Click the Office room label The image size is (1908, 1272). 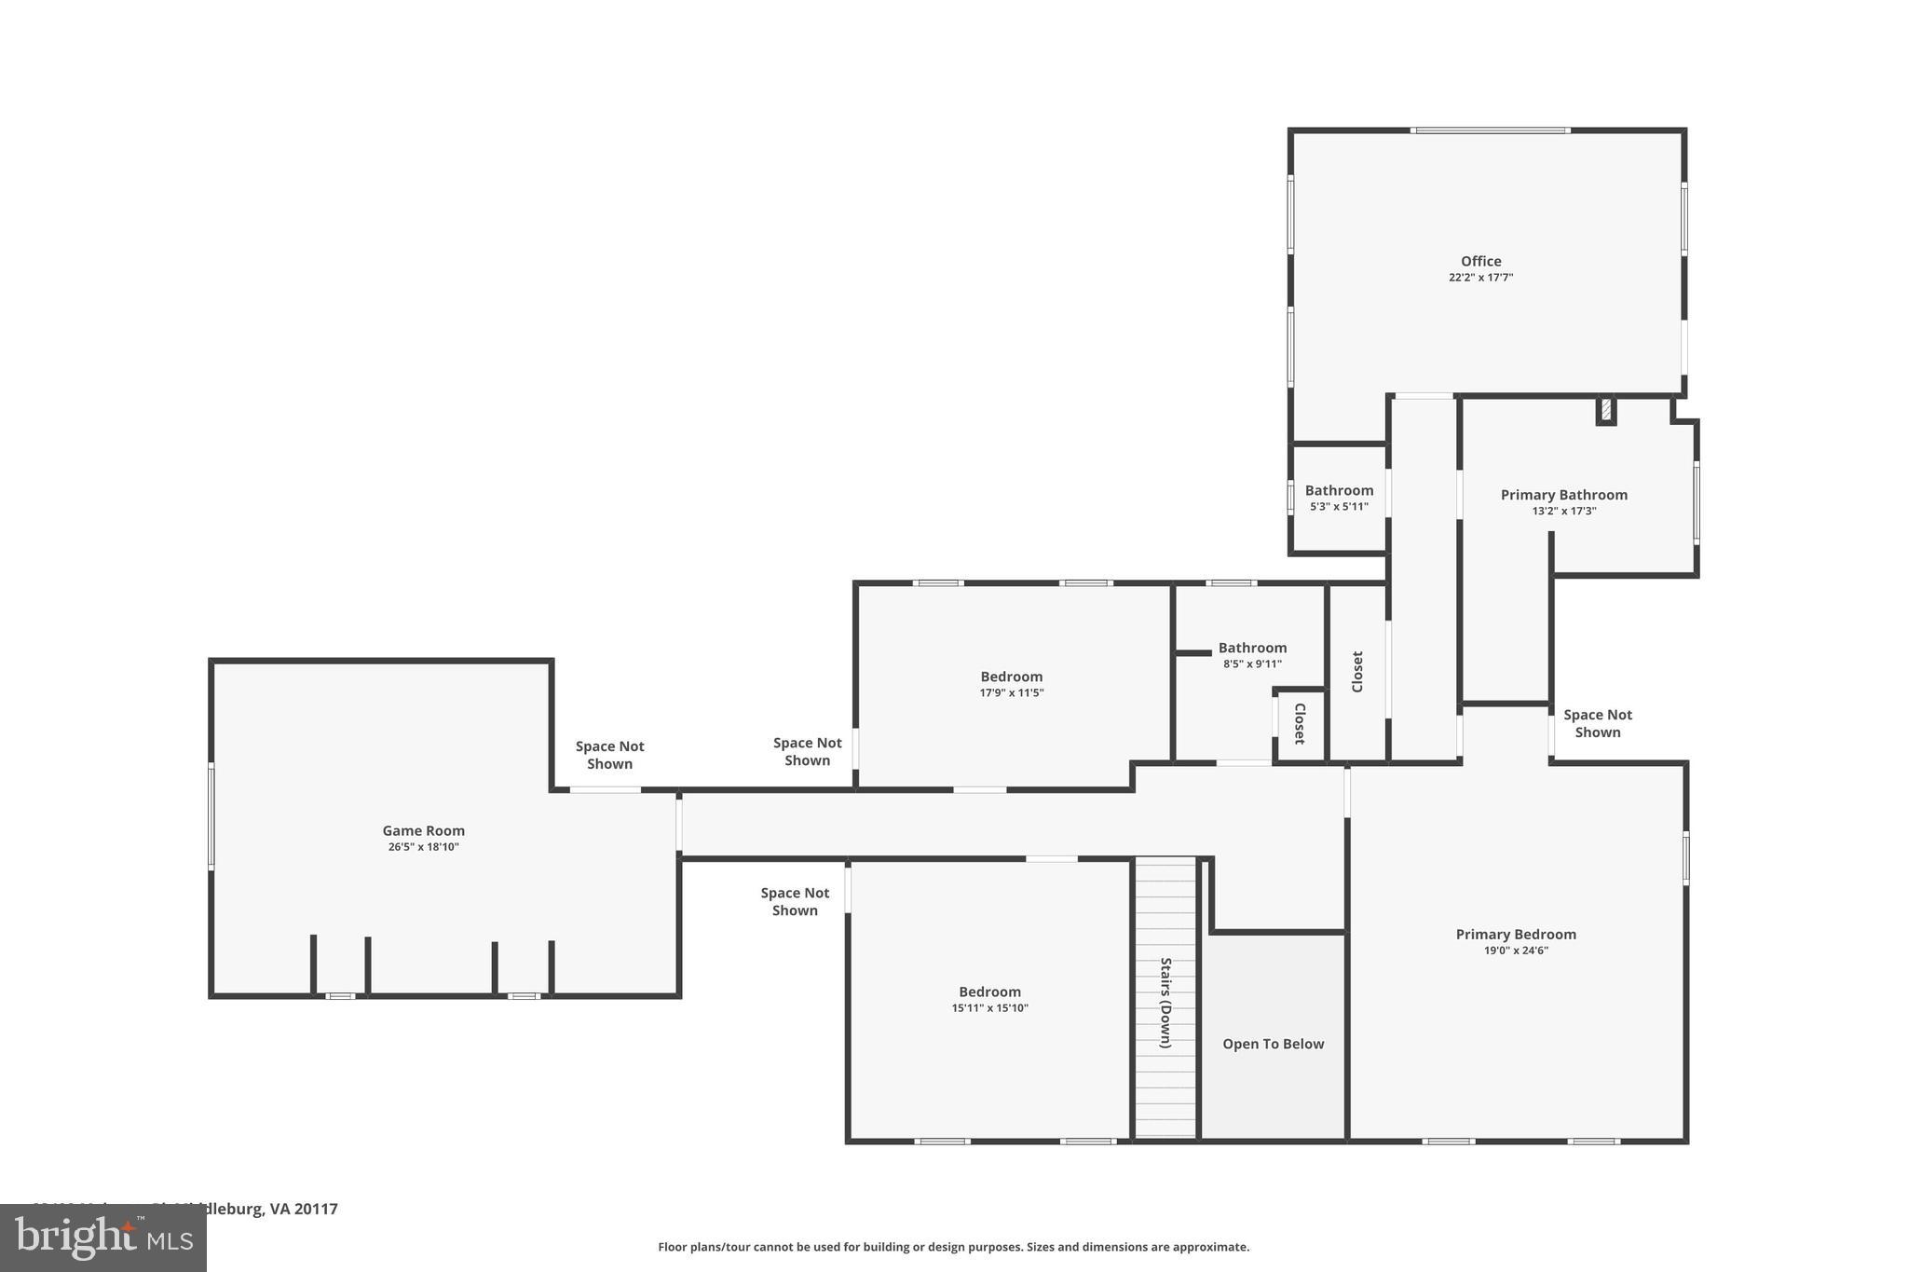coord(1480,261)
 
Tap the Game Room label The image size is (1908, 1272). coord(423,830)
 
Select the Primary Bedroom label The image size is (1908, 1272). coord(1516,934)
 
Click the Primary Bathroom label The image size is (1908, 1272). coord(1563,495)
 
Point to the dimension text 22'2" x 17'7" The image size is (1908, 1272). coord(1480,278)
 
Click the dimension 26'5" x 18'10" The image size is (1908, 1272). coord(423,847)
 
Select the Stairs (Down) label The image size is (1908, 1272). coord(1165,1003)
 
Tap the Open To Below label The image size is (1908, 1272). coord(1273,1044)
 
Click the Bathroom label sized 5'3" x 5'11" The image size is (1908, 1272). coord(1339,490)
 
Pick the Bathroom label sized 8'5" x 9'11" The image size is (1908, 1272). coord(1252,648)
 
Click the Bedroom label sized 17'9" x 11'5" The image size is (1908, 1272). coord(1011,677)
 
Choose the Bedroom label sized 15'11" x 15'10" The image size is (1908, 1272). coord(989,992)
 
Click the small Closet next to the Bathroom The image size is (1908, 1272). coord(1300,723)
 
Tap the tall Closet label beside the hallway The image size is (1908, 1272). coord(1357,671)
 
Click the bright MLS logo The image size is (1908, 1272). coord(102,1238)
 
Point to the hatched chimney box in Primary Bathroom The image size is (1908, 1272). coord(1606,410)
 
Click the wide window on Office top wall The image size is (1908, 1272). coord(1490,130)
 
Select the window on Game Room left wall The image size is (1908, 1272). coord(211,816)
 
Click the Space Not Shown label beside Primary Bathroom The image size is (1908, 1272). coord(1597,723)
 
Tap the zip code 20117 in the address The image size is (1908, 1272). coord(316,1209)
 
